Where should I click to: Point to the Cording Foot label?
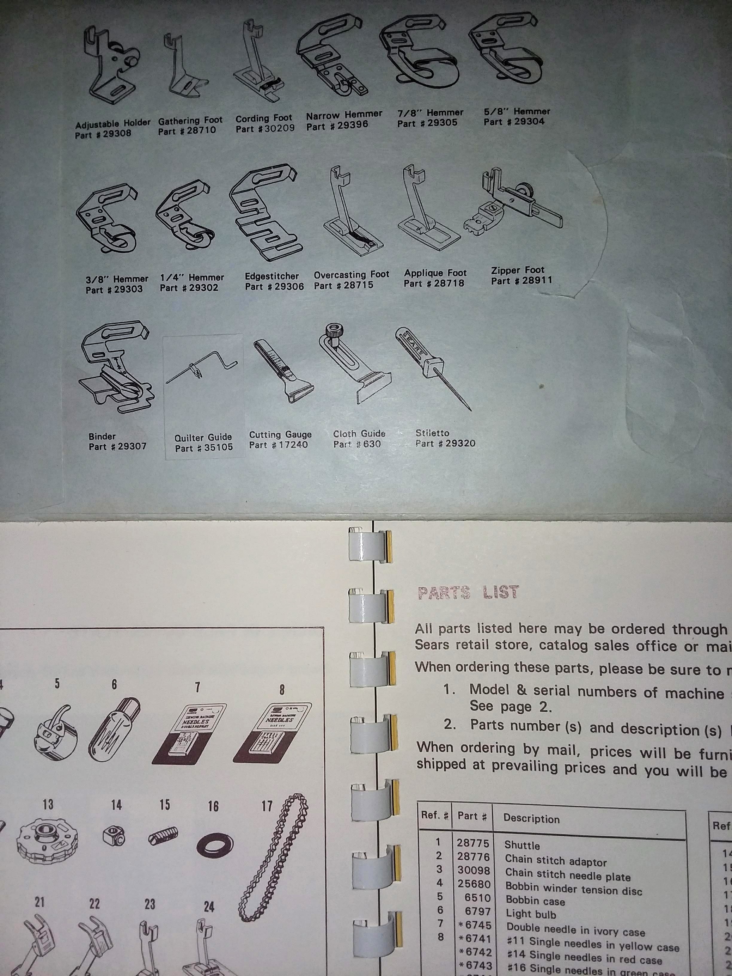point(263,118)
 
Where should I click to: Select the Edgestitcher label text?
point(272,276)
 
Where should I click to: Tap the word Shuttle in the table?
point(522,845)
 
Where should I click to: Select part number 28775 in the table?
point(473,843)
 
